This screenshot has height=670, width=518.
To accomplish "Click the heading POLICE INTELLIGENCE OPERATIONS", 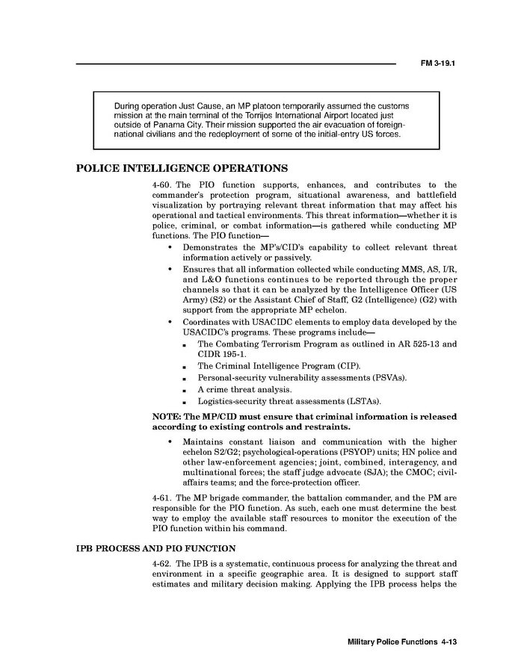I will click(x=182, y=167).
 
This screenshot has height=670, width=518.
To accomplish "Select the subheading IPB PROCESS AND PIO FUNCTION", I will click(x=155, y=549).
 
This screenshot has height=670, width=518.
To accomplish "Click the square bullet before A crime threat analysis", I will click(x=185, y=390).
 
